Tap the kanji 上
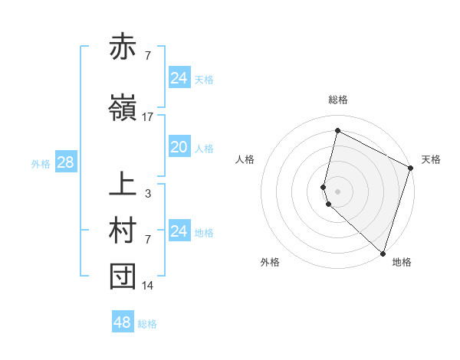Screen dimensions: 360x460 [x=123, y=185]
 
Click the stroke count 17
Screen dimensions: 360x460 [x=148, y=116]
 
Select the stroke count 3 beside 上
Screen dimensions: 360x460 [x=148, y=194]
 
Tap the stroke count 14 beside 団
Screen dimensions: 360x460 [x=148, y=286]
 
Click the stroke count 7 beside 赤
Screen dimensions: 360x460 [x=148, y=56]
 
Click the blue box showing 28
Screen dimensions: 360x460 [x=65, y=162]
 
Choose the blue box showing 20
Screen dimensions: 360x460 [x=179, y=147]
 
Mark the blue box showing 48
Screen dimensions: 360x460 [x=122, y=322]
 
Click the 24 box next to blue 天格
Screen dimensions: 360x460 [x=179, y=78]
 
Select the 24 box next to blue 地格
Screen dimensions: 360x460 [x=179, y=231]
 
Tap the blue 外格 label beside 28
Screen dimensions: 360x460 [x=41, y=163]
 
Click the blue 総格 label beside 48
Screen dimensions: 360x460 [x=148, y=324]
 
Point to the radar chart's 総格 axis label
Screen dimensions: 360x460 [x=337, y=100]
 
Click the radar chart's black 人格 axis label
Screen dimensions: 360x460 [x=245, y=159]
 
